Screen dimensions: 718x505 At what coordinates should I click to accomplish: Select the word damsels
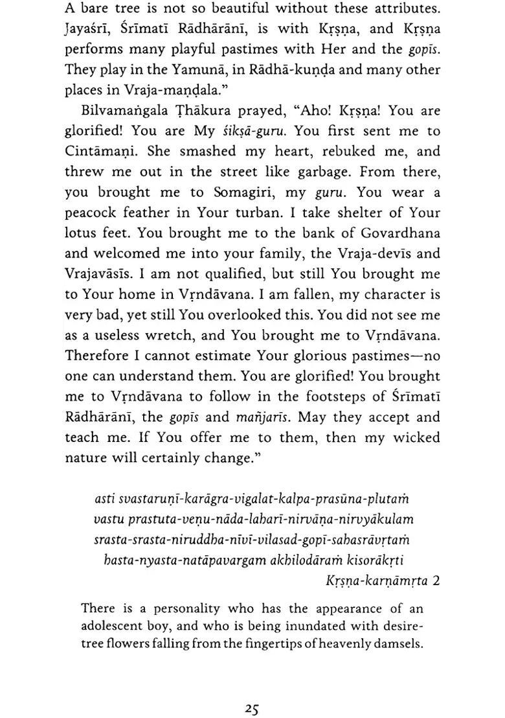pos(399,643)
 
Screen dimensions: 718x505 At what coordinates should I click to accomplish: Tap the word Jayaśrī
pos(92,29)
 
